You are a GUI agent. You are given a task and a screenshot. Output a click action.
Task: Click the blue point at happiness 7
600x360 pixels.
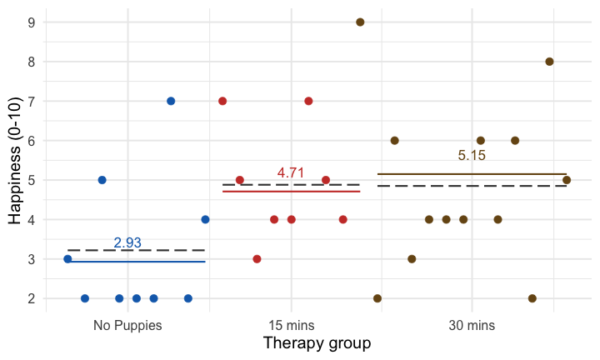point(171,101)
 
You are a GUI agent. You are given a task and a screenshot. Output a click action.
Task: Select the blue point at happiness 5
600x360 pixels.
point(102,180)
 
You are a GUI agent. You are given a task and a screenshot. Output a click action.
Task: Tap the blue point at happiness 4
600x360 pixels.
point(205,219)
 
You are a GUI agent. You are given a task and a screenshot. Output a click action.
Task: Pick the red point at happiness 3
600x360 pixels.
point(257,259)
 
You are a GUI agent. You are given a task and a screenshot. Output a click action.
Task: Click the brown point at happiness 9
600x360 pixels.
point(360,22)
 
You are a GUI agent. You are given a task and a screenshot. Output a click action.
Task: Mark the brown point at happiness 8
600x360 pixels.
point(549,62)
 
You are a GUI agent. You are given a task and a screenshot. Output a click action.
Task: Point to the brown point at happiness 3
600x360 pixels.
point(412,259)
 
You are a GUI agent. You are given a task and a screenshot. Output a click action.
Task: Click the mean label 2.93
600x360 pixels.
point(127,242)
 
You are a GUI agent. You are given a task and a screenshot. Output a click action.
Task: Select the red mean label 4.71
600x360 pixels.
point(291,172)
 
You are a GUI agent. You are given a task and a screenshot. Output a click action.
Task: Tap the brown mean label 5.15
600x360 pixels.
point(472,155)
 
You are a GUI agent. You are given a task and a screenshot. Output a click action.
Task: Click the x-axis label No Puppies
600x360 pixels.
point(127,325)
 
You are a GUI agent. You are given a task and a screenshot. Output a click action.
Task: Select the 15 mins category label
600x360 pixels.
point(291,325)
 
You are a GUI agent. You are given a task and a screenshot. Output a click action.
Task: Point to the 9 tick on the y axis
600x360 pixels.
point(31,22)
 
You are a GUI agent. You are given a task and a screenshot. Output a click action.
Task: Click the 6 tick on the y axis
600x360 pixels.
point(31,141)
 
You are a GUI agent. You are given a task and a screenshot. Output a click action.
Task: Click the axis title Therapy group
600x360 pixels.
point(317,342)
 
